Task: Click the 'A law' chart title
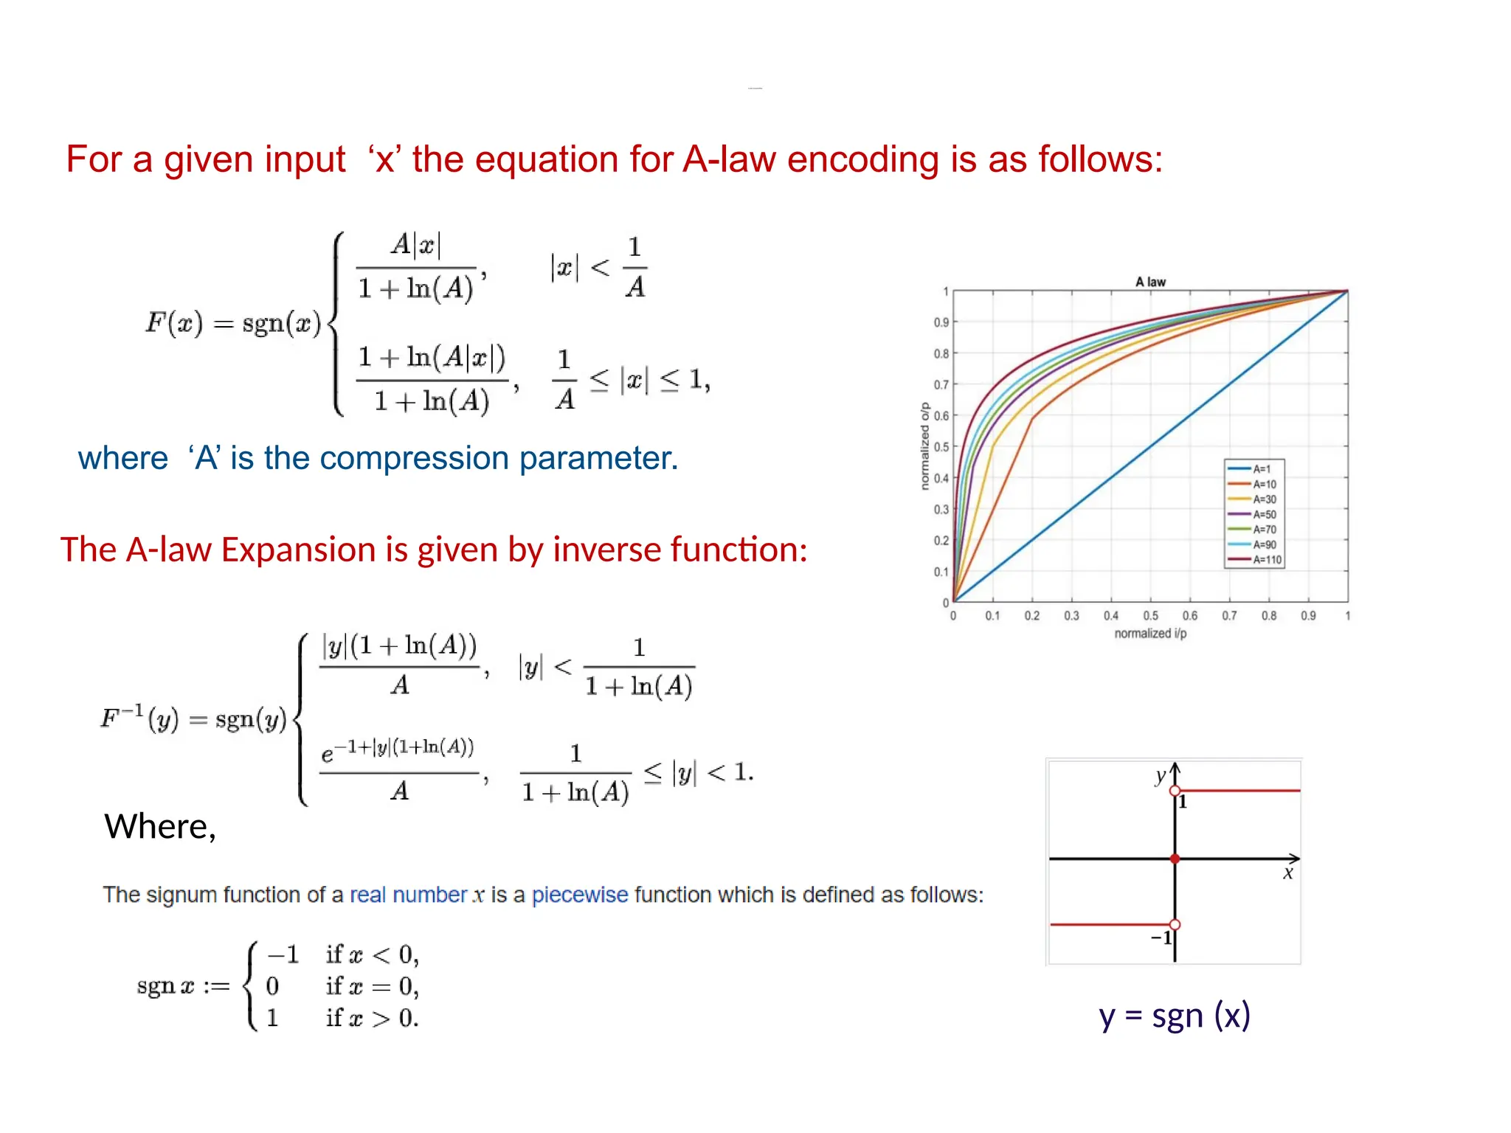(1149, 282)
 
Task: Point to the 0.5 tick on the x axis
(1150, 616)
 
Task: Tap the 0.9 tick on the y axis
(941, 322)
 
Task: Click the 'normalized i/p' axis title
(1150, 634)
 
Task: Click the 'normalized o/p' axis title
(925, 446)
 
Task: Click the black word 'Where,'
(160, 826)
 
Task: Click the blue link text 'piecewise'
(580, 895)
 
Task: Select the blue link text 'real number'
(408, 895)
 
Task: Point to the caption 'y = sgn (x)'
(1174, 1015)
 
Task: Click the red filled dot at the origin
(1175, 859)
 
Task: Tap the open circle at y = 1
(1175, 791)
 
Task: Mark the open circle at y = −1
(1175, 924)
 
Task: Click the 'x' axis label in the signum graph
(1287, 874)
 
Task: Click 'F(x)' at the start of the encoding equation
(173, 323)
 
